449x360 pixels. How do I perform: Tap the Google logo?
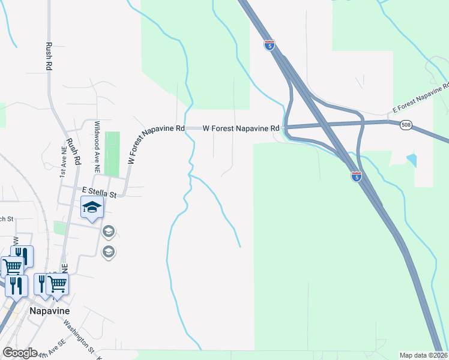tap(19, 353)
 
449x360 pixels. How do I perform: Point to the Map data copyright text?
tap(424, 355)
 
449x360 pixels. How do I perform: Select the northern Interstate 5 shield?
tap(270, 44)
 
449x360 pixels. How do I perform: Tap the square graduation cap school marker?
tap(92, 208)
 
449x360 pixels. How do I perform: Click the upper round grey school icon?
tap(109, 231)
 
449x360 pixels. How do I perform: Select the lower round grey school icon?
tap(109, 251)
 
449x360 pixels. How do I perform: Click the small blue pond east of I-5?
tap(411, 160)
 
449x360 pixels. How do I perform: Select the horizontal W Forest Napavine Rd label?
tap(241, 128)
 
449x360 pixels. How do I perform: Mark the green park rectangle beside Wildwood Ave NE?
tap(112, 154)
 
